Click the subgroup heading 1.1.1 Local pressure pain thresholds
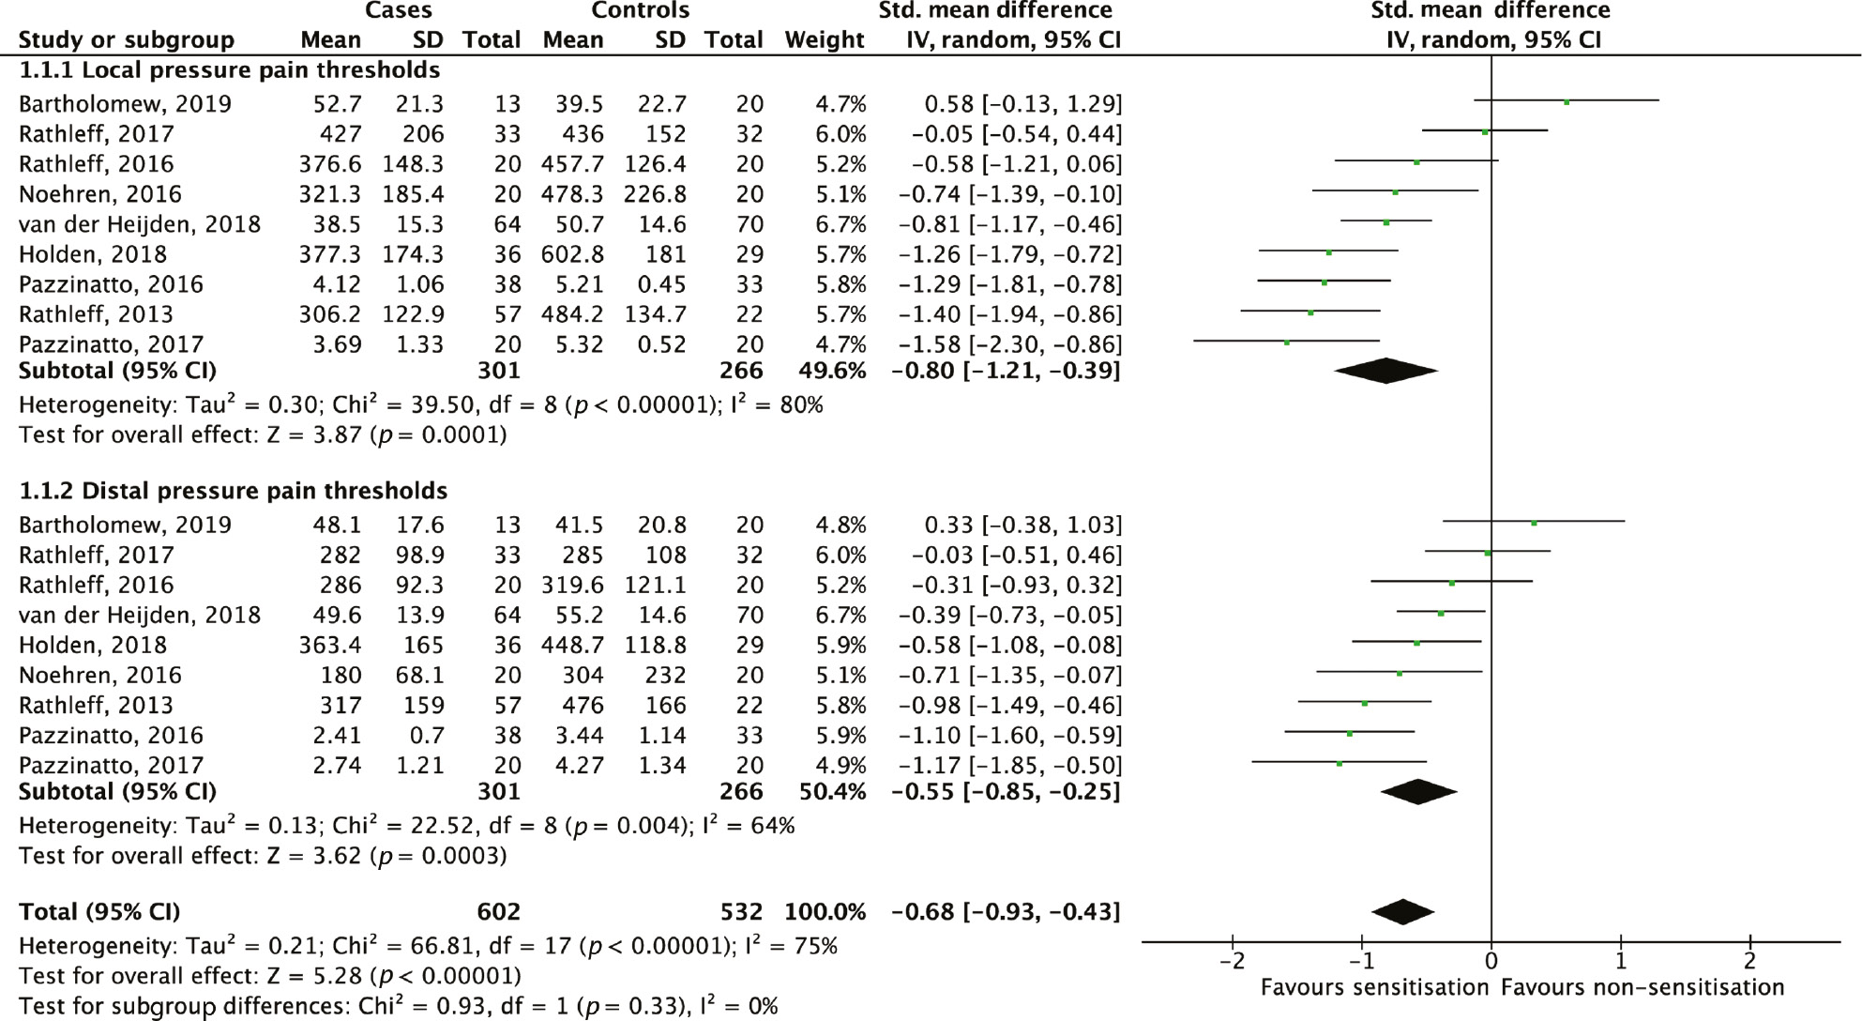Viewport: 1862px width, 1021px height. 229,70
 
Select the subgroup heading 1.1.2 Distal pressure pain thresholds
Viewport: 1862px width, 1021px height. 233,491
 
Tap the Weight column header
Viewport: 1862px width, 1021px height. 825,39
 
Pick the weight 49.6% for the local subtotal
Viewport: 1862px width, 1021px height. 832,371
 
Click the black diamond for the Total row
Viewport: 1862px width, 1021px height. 1402,911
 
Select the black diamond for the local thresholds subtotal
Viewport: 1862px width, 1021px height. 1385,371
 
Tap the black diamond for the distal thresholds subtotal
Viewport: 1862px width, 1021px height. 1418,791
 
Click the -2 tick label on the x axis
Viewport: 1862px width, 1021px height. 1231,962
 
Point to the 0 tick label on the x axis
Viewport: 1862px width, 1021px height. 1491,962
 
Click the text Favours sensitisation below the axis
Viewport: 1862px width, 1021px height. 1374,988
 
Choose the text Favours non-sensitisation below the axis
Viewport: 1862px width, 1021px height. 1642,988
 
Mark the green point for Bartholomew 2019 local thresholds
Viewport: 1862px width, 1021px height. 1566,101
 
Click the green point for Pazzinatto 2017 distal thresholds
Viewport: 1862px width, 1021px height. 1339,764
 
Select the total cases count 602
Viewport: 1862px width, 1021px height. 498,912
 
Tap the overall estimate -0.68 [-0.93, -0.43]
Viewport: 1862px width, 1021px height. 1006,912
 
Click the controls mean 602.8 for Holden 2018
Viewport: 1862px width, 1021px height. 572,254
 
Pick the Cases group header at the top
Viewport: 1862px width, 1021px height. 400,11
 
